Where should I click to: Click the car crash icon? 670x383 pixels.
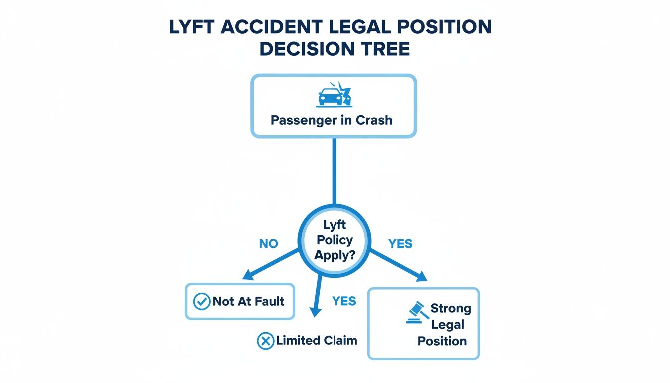(334, 94)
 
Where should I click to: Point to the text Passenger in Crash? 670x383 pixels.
(332, 120)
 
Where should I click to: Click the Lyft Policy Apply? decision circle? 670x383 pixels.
(334, 241)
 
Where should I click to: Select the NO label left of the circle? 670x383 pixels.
(269, 244)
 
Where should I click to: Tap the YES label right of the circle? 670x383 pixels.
(400, 244)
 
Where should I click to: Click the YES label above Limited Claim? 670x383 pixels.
(344, 301)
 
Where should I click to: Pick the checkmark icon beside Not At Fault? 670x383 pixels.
(201, 301)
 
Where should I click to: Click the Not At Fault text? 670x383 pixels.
(248, 301)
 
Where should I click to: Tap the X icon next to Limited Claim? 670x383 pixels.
(265, 341)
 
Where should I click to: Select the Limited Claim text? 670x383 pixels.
(317, 341)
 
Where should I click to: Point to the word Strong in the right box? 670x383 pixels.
(450, 308)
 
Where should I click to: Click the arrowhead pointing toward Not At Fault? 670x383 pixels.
(247, 275)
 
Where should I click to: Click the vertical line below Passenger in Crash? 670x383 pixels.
(334, 170)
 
